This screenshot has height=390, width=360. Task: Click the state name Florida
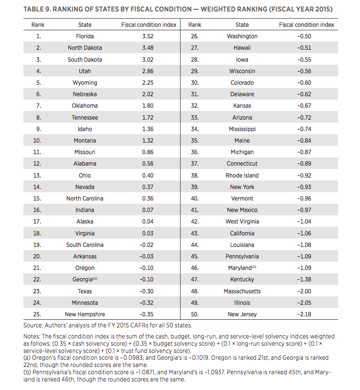85,36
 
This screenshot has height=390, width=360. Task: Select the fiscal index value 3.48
148,48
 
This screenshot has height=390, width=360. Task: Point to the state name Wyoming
85,83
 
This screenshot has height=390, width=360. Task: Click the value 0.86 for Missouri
148,152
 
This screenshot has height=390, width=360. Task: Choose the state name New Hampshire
85,314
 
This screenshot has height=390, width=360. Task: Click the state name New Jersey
242,314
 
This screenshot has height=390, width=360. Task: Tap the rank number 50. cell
195,314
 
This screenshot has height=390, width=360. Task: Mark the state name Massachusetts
242,291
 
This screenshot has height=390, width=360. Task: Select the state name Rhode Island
242,175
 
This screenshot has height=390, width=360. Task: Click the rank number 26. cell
195,36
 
